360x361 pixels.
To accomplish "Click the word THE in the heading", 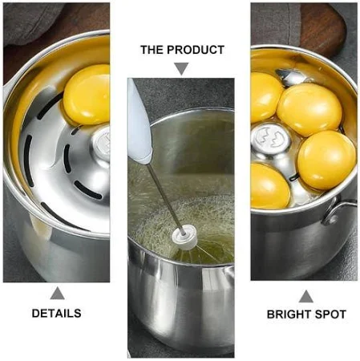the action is click(x=152, y=50).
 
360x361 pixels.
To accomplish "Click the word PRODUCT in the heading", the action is click(x=196, y=50).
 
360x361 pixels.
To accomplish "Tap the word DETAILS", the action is click(x=57, y=314).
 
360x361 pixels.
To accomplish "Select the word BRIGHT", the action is click(x=289, y=314).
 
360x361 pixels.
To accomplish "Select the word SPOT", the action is click(x=330, y=314).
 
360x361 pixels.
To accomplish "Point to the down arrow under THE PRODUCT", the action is click(x=181, y=69).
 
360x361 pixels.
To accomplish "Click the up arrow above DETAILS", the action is click(x=57, y=294).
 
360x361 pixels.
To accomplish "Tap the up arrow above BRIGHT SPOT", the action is click(x=306, y=296).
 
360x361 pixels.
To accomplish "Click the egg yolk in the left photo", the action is click(x=87, y=95).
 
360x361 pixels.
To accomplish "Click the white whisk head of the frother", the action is click(x=184, y=237).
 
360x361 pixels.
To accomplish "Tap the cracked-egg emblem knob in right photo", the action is click(x=271, y=139).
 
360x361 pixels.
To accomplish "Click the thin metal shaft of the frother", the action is click(x=165, y=198).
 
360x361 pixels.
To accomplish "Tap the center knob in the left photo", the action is click(x=101, y=144).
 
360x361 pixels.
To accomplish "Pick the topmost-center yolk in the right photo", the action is click(x=309, y=110).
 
